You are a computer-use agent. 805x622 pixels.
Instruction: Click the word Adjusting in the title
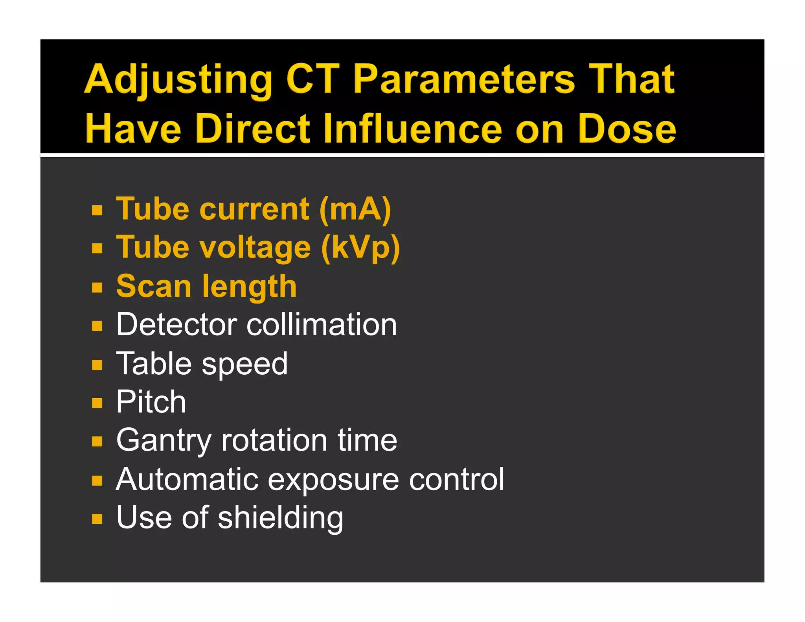click(178, 80)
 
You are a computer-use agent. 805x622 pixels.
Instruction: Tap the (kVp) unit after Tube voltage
click(360, 248)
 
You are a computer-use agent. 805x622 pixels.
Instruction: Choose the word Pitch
click(151, 402)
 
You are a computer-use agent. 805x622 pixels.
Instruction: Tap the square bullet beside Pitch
click(97, 403)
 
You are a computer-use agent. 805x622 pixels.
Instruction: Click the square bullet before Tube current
click(97, 210)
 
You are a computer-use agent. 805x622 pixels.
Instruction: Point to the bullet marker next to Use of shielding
click(97, 519)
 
